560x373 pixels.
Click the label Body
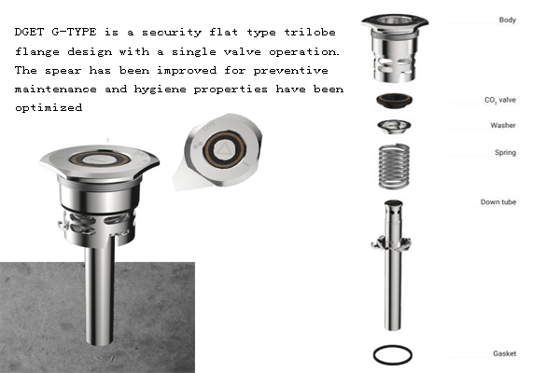click(508, 20)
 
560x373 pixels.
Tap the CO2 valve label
click(500, 100)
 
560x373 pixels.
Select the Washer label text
click(503, 125)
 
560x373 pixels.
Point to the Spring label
click(505, 152)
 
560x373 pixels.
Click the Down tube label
click(498, 202)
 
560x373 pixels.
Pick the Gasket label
click(505, 353)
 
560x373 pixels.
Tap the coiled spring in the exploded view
click(394, 166)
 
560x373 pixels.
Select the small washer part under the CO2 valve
click(394, 127)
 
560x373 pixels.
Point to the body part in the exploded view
click(394, 48)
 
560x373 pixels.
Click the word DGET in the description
click(29, 32)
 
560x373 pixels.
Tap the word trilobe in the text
click(310, 32)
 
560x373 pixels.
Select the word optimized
click(49, 107)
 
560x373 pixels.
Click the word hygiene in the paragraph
click(160, 90)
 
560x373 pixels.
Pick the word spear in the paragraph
click(63, 70)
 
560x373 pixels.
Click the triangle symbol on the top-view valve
click(224, 149)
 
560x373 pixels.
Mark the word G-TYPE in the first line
click(74, 32)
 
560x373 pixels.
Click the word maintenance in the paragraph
click(56, 89)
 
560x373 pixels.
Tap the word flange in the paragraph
click(37, 51)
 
